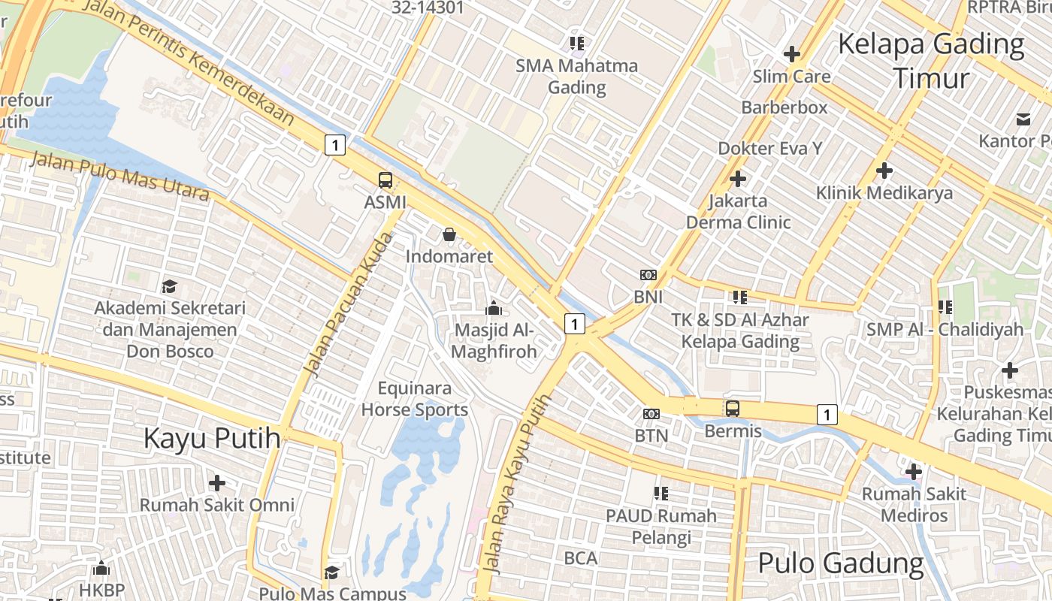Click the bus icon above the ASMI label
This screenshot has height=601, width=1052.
385,180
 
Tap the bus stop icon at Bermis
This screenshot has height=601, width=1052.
732,409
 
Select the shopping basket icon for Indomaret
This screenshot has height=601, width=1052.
449,234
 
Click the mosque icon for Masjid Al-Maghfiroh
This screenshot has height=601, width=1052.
494,308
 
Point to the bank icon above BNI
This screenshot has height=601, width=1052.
648,275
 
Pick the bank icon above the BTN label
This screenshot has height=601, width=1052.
651,413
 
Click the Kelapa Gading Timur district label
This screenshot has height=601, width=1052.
931,60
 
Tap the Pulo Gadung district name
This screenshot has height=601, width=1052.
840,563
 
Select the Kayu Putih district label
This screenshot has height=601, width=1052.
212,438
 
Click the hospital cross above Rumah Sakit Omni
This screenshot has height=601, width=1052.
217,482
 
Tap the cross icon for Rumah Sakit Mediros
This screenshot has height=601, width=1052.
914,472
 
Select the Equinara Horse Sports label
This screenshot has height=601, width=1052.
415,399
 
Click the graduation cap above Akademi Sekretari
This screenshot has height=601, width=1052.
169,286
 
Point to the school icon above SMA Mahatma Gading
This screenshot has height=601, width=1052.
576,43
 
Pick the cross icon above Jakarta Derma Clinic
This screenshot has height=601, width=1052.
738,179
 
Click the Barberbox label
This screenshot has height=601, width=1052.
784,107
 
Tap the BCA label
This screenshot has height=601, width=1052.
580,558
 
